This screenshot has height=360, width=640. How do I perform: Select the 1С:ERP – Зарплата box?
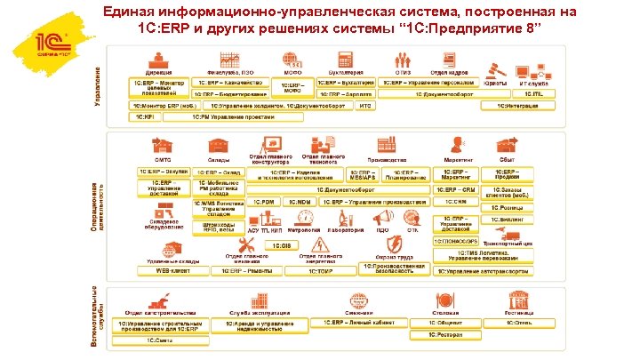343,93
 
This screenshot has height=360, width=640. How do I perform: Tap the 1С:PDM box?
264,202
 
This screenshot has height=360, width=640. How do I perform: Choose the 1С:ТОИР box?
294,269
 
